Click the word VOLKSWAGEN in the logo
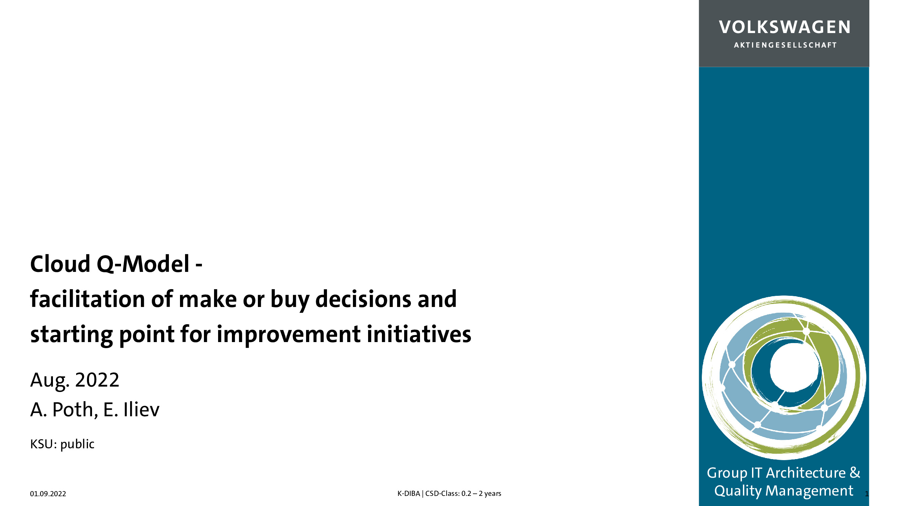click(784, 27)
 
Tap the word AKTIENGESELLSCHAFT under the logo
click(785, 45)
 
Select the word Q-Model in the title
click(143, 264)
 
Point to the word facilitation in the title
click(88, 299)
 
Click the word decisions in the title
click(363, 299)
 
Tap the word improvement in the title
click(289, 334)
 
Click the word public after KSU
click(77, 444)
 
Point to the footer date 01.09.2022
click(48, 494)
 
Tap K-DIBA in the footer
click(409, 494)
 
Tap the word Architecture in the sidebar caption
click(806, 473)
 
